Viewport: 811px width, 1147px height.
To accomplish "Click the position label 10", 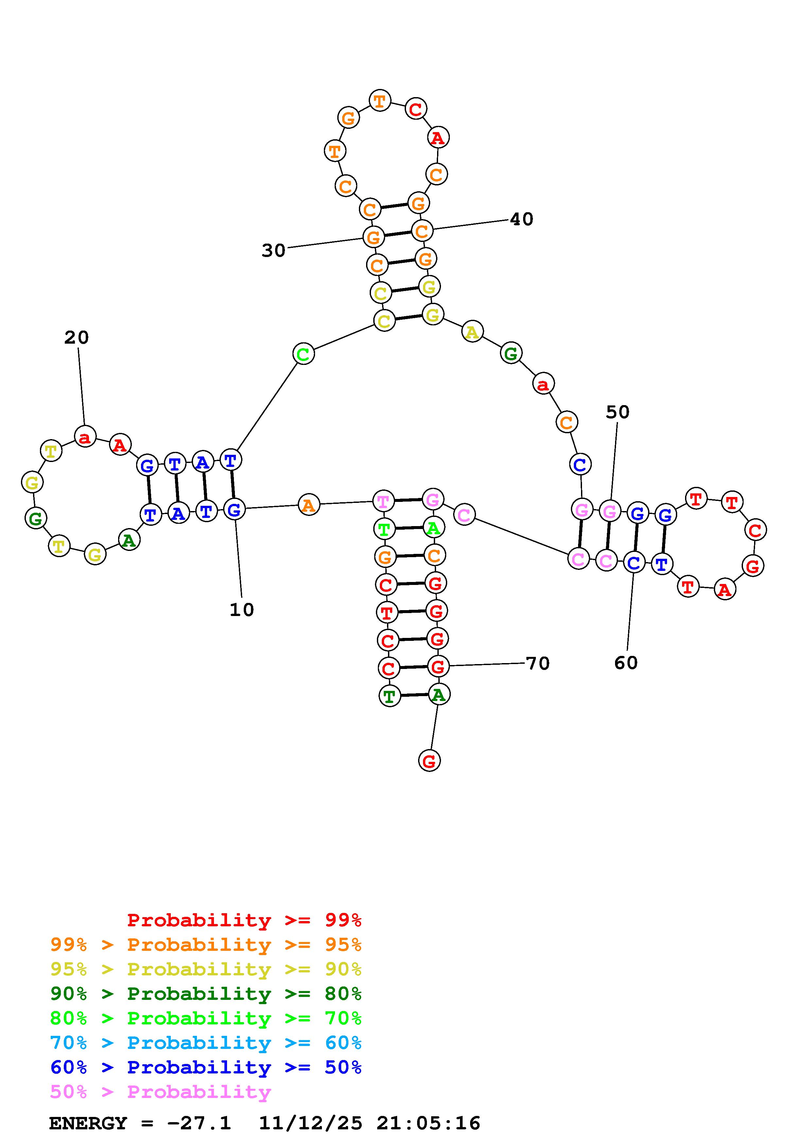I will [x=242, y=609].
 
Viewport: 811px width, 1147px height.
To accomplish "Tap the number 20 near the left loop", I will [x=77, y=338].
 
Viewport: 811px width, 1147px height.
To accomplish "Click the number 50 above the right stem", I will [x=618, y=412].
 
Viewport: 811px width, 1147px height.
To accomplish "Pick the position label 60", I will [x=626, y=663].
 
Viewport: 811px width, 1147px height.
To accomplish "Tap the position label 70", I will [x=538, y=663].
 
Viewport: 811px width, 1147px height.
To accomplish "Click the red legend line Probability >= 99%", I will [x=244, y=920].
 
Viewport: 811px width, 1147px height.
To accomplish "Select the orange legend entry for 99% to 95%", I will [x=206, y=945].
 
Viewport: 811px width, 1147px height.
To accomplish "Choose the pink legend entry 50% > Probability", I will [x=161, y=1092].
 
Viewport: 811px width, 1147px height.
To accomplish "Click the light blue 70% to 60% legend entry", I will [x=206, y=1043].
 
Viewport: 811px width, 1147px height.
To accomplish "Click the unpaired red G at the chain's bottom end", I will [x=429, y=761].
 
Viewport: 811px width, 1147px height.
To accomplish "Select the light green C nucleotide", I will [x=303, y=354].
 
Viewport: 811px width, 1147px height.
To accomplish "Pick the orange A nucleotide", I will [x=309, y=505].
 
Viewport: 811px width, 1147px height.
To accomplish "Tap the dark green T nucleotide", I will [x=390, y=695].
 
